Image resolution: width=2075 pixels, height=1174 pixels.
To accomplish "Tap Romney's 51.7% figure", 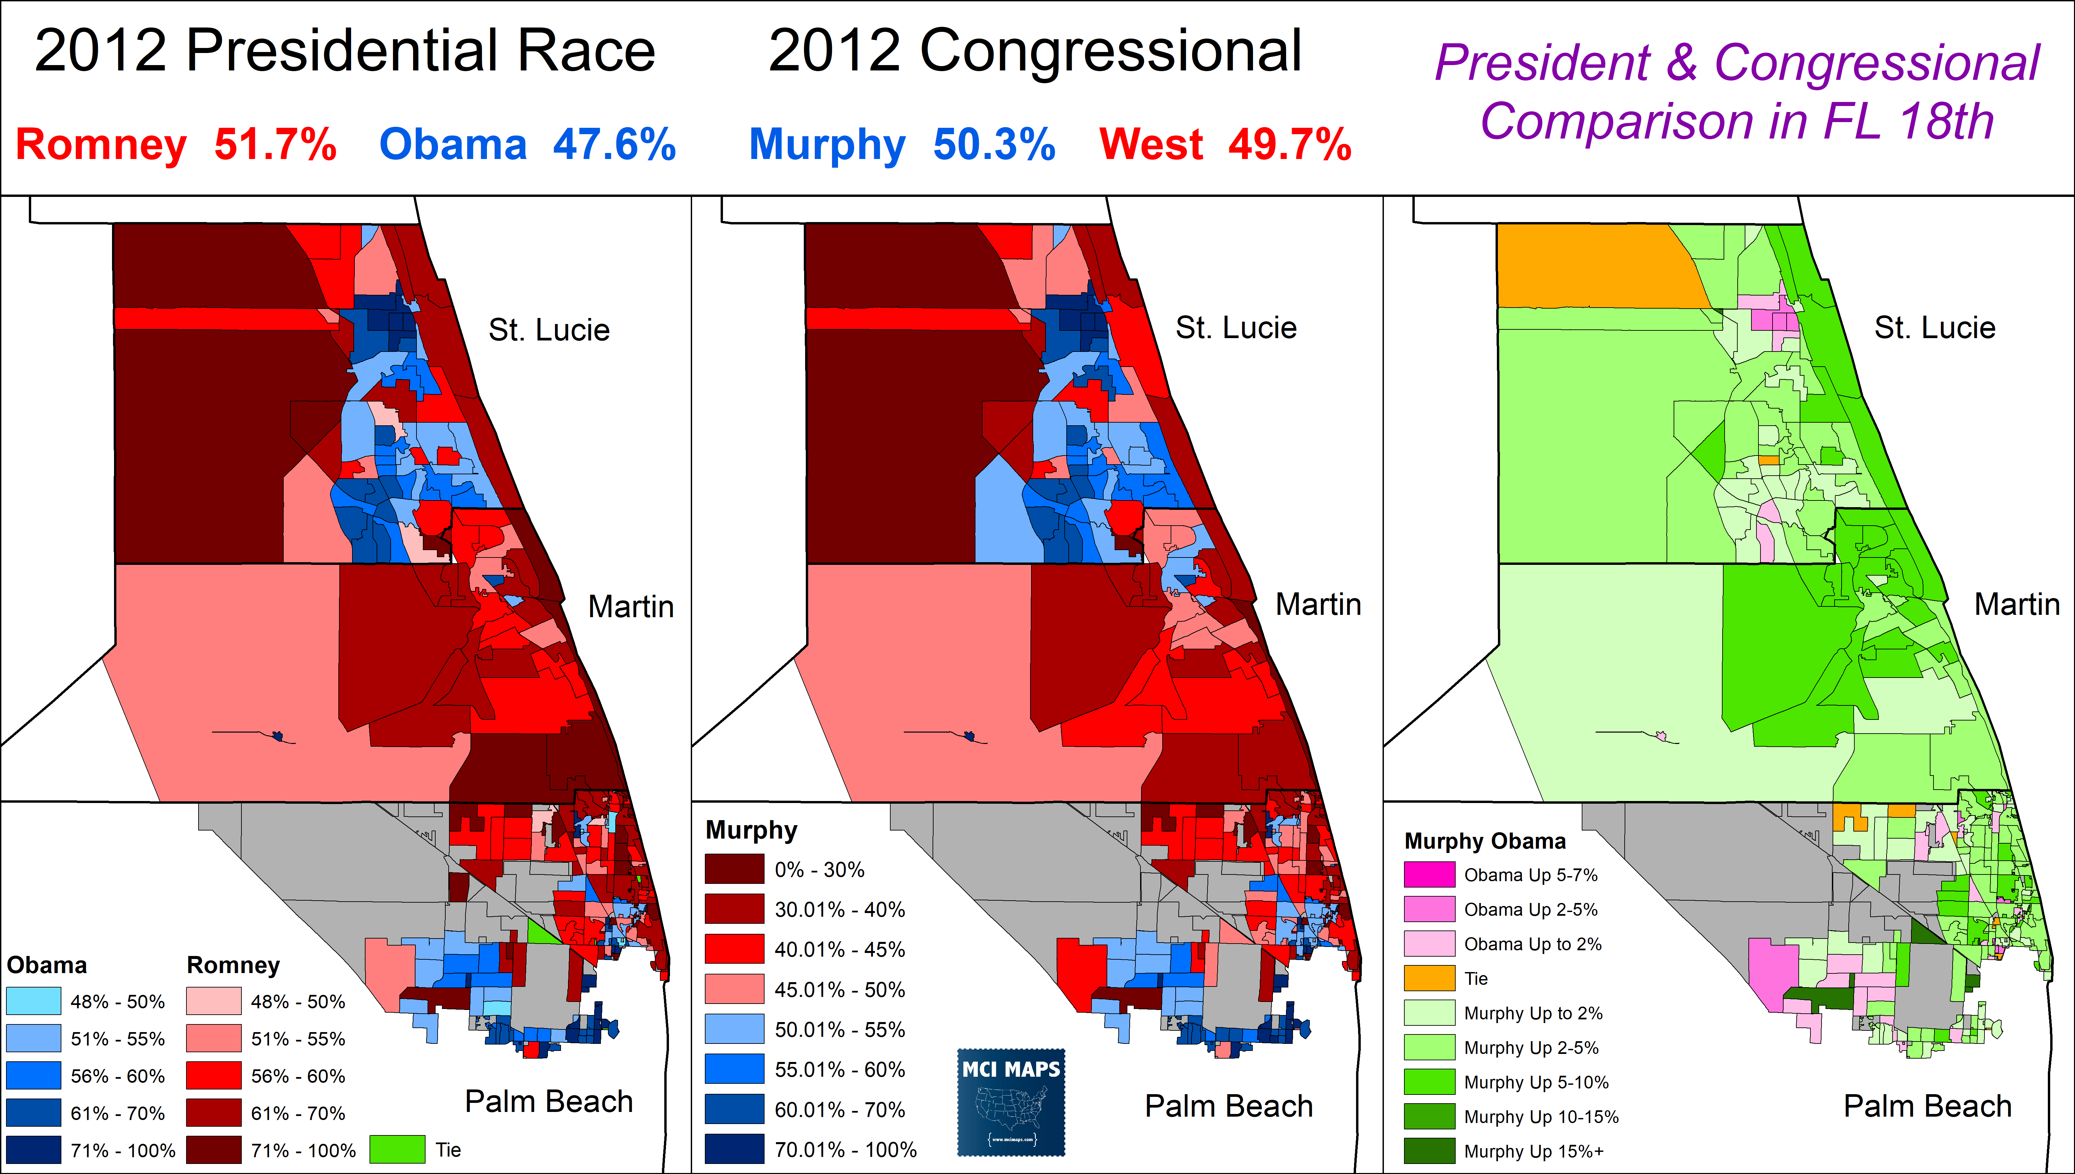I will coord(275,145).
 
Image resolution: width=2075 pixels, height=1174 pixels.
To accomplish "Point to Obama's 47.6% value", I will coord(614,145).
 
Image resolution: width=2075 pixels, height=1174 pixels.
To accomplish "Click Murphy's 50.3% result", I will coord(994,145).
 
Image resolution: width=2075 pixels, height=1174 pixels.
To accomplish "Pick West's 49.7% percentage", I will coord(1289,145).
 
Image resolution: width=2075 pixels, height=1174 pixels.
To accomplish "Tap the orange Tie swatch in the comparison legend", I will coord(1429,978).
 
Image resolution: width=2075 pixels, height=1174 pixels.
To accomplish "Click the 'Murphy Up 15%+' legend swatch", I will coord(1429,1151).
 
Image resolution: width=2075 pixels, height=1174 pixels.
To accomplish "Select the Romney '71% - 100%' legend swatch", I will coord(214,1150).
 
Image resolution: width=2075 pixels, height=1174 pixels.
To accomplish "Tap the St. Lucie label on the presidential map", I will coord(549,330).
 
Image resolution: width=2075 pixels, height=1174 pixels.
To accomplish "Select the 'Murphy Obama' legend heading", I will coord(1484,841).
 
